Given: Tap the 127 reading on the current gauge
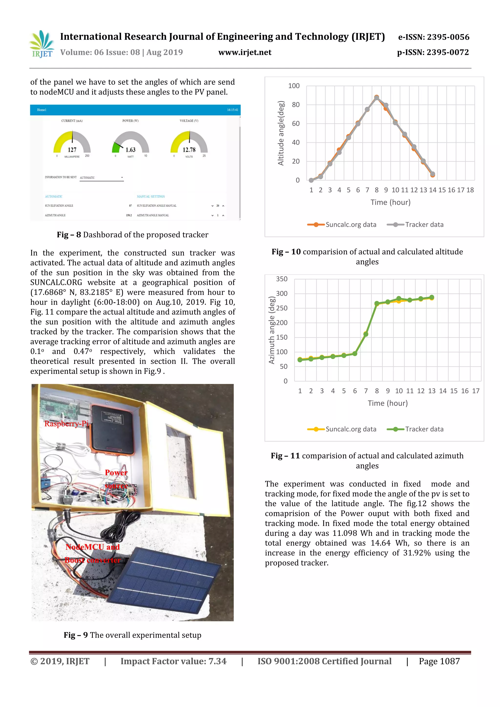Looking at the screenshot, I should click(72, 150).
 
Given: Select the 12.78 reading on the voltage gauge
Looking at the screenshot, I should click(189, 150).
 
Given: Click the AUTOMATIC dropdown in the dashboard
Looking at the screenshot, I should click(101, 178).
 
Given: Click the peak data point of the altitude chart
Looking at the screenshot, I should click(376, 97).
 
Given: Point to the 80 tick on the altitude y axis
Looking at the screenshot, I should click(296, 105).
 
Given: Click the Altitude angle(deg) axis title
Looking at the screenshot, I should click(281, 133).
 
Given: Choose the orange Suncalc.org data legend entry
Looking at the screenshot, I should click(342, 225).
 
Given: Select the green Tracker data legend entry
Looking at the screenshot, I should click(415, 429).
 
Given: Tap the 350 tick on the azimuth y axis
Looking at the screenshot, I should click(281, 279).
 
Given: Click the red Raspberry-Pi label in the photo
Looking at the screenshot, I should click(66, 424).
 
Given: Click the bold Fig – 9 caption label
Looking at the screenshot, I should click(76, 635).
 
